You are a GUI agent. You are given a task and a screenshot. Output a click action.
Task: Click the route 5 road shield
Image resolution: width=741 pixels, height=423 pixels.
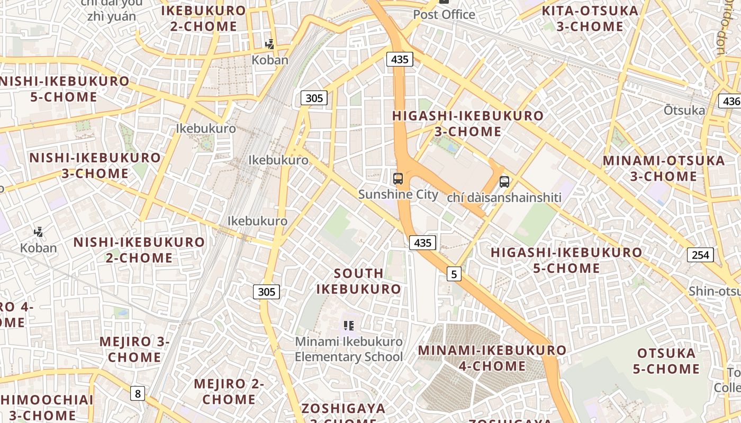454,274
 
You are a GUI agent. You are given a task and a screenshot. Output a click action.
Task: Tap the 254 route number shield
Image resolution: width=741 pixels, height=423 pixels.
700,255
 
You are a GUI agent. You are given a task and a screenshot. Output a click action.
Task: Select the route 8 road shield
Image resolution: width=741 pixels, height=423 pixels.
138,393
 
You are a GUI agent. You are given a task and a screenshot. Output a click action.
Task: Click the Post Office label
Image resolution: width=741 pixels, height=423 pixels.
444,14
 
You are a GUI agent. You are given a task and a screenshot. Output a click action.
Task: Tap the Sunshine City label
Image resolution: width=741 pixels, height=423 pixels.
398,194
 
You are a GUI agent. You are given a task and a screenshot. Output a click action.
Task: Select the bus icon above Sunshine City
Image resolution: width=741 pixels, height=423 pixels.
398,179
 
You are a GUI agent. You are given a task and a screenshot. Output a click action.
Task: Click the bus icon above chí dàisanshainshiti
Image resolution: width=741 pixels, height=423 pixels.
504,182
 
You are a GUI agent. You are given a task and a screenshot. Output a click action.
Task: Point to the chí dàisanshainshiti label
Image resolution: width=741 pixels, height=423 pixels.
504,198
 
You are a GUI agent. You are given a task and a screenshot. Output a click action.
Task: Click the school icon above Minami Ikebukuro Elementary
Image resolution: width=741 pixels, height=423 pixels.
348,326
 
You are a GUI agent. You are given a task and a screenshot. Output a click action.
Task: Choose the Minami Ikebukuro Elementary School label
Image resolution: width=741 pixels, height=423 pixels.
348,350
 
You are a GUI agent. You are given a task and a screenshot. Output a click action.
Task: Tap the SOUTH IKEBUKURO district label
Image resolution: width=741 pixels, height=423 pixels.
359,281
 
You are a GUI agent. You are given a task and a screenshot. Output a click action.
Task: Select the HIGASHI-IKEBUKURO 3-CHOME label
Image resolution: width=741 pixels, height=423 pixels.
468,124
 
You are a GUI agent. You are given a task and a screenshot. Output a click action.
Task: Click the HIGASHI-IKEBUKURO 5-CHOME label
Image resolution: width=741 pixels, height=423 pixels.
566,260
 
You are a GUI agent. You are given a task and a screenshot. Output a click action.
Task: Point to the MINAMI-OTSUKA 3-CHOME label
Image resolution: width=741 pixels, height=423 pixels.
664,168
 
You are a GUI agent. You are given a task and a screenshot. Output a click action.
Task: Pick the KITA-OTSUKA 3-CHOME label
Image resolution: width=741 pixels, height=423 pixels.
590,19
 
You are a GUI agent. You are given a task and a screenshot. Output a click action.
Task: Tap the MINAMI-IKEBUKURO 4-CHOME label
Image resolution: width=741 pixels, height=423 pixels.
492,358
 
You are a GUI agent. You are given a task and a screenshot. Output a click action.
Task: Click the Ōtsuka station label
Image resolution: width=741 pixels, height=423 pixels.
684,111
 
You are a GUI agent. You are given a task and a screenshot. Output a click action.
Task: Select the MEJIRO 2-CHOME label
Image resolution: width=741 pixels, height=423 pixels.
229,391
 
